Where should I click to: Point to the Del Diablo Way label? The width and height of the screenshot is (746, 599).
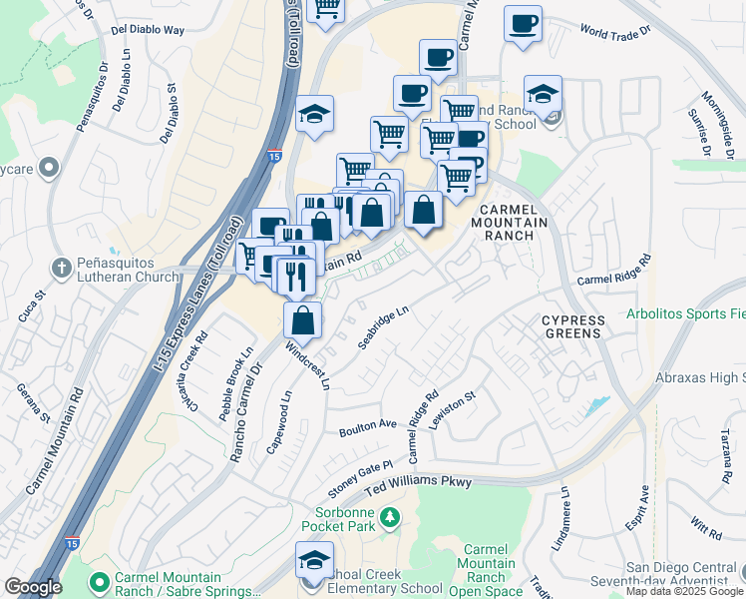click(149, 30)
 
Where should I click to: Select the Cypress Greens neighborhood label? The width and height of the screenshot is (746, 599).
click(573, 326)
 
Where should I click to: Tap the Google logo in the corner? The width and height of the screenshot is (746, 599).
click(32, 587)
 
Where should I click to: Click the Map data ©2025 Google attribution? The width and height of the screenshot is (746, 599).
click(685, 591)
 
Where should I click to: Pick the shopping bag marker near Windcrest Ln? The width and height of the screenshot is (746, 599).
click(303, 320)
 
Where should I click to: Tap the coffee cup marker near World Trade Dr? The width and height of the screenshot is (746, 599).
click(522, 24)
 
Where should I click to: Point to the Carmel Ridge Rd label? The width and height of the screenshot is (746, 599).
click(613, 270)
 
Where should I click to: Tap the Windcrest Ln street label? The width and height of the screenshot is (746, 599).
click(307, 367)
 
